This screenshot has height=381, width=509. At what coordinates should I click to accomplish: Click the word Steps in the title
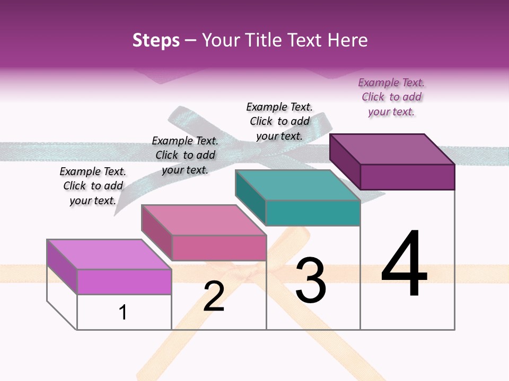tap(156, 41)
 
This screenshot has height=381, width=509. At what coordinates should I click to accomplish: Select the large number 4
tap(404, 265)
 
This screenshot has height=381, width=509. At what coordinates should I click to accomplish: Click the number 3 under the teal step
tap(311, 280)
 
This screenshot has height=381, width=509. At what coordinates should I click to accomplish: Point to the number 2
tap(214, 296)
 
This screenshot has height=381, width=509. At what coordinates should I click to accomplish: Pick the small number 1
tap(123, 312)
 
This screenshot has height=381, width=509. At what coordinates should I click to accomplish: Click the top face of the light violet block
tap(109, 255)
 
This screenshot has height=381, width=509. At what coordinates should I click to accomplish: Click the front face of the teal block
tap(313, 213)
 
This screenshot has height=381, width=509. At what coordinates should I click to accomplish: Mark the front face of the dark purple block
tap(407, 177)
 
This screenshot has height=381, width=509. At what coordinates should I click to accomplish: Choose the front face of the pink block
tap(219, 248)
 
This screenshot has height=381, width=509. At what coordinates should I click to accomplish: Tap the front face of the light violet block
tap(124, 282)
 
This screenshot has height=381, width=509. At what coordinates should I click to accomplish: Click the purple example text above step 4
tap(391, 97)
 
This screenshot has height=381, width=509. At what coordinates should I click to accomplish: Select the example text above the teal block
tap(279, 121)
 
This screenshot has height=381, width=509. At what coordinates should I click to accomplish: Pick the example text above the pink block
tap(185, 155)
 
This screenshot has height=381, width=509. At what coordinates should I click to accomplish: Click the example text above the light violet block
tap(93, 186)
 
